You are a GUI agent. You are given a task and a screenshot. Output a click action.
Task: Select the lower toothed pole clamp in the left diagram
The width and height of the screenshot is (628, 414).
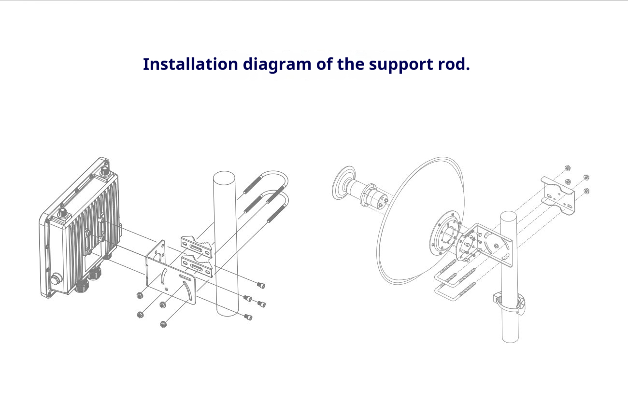(x=198, y=267)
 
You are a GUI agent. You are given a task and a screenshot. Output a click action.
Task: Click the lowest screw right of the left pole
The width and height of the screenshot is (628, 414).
(x=248, y=317)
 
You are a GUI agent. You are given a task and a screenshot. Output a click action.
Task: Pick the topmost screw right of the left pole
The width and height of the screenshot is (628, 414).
(x=261, y=284)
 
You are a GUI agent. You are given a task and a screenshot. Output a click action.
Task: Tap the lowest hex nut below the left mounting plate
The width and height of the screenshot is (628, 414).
(x=163, y=324)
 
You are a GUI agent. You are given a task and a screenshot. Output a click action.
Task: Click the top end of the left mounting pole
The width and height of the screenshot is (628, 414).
(x=224, y=177)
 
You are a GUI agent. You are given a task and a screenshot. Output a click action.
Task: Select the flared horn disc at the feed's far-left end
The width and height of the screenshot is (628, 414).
(x=343, y=182)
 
